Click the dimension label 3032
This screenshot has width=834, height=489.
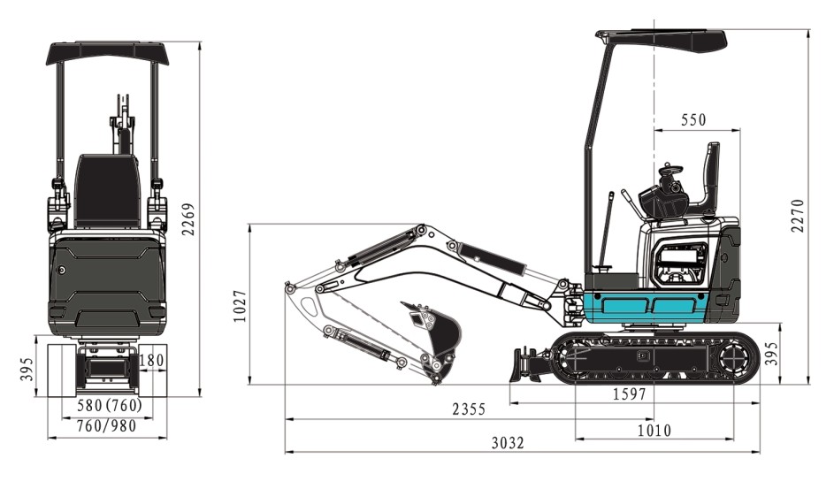pyautogui.click(x=508, y=442)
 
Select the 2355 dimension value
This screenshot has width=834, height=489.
pyautogui.click(x=469, y=409)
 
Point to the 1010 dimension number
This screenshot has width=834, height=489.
pyautogui.click(x=654, y=430)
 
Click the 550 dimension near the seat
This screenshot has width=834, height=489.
pyautogui.click(x=693, y=120)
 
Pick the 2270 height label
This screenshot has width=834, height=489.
pyautogui.click(x=798, y=215)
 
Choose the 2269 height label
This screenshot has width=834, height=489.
pyautogui.click(x=188, y=218)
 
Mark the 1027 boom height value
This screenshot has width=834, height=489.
pyautogui.click(x=240, y=306)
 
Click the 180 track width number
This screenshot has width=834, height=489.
pyautogui.click(x=151, y=361)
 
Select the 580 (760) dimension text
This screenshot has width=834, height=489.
pyautogui.click(x=110, y=406)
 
